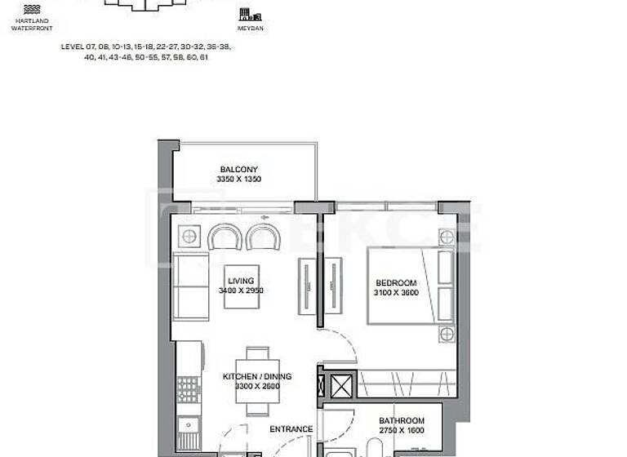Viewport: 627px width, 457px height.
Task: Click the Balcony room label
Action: [x=238, y=170]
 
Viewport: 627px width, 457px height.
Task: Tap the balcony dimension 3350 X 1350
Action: [x=238, y=179]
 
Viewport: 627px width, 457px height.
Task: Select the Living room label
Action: [x=241, y=281]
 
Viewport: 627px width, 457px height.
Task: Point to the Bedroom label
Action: [x=396, y=282]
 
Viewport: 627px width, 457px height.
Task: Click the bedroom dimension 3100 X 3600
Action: [x=396, y=291]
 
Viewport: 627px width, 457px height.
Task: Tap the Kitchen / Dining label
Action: [x=257, y=377]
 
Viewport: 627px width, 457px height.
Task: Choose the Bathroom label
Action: [x=402, y=421]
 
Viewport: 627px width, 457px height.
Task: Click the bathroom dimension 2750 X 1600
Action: [x=402, y=430]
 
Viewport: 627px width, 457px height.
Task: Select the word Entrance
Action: [x=291, y=429]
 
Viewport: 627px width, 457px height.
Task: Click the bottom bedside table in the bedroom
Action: [x=445, y=335]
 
